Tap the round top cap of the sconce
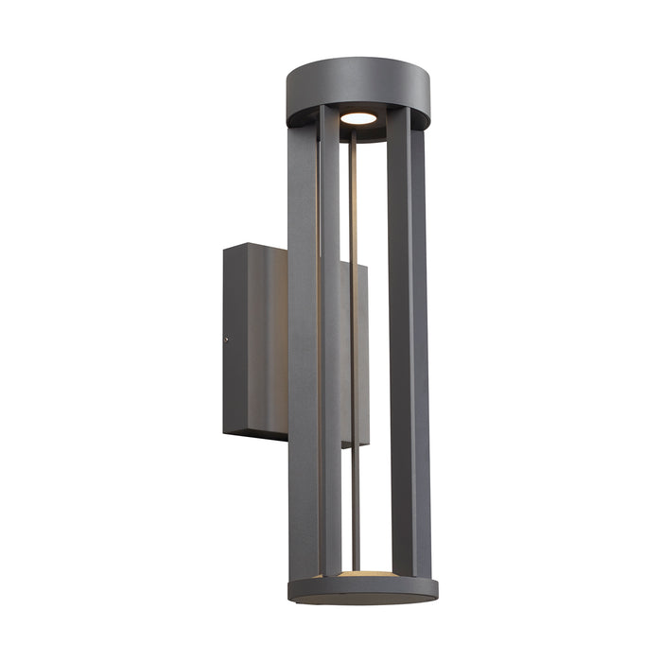[357, 83]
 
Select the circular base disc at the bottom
[363, 588]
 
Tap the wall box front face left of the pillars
[269, 340]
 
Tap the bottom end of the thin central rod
[356, 567]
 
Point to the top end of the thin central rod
[354, 134]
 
